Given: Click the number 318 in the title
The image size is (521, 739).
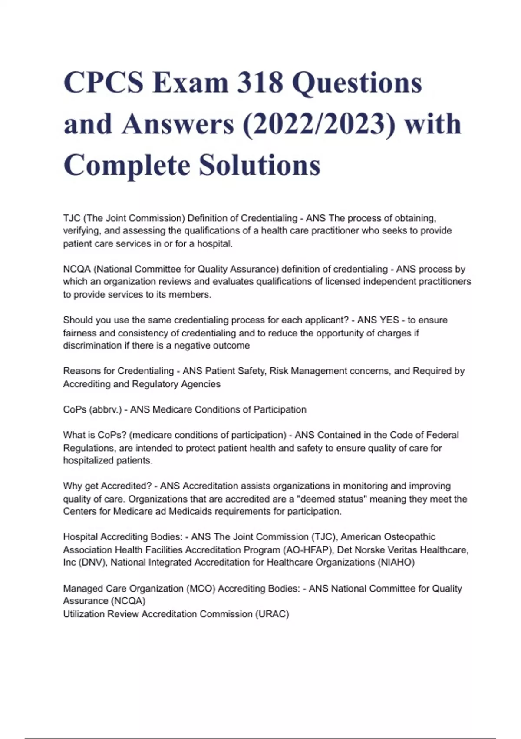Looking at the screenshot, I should [x=260, y=83].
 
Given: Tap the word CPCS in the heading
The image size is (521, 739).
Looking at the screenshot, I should [x=103, y=83].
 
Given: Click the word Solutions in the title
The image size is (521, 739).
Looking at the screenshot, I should [x=260, y=165].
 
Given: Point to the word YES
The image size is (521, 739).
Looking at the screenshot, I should [x=389, y=320].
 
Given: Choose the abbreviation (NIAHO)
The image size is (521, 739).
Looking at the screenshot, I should [x=396, y=563].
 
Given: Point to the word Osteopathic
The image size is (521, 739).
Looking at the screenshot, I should [x=410, y=537].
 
